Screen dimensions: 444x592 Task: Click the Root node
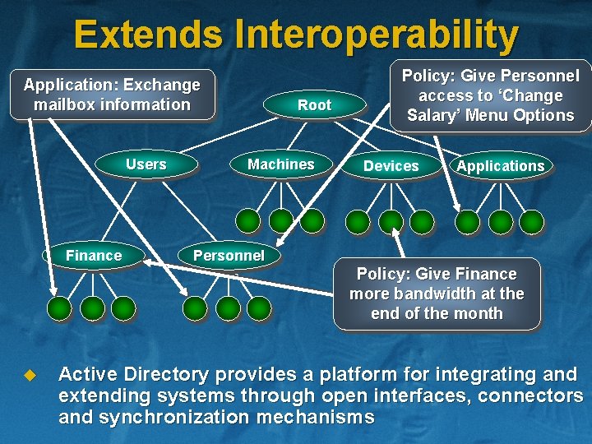314,105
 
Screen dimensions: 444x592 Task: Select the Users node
146,164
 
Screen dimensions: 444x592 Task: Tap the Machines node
280,164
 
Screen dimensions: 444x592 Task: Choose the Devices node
391,166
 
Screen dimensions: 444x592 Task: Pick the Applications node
500,166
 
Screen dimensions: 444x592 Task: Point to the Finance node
93,256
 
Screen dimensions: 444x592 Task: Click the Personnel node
229,256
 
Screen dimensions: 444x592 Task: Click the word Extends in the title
147,35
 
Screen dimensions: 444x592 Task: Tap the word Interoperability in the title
377,35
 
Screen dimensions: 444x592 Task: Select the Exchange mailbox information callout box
112,95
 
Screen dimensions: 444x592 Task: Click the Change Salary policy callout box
490,95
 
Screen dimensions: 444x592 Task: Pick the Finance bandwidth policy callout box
437,294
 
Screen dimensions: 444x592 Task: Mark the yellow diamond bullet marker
30,376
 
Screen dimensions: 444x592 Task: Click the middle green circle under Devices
391,221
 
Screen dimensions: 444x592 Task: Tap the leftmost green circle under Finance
59,308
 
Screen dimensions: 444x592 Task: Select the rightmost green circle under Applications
532,221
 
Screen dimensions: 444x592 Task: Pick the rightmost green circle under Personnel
259,308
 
